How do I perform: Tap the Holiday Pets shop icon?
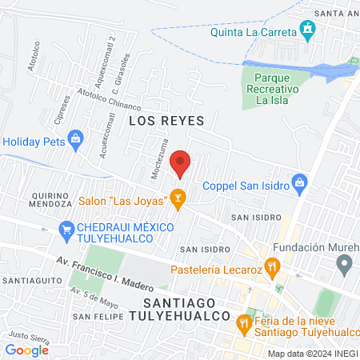click(x=76, y=138)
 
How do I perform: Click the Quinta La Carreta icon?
click(x=307, y=31)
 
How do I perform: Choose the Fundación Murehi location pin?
click(x=345, y=263)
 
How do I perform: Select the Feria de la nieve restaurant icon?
click(x=243, y=323)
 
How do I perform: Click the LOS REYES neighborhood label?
click(x=166, y=121)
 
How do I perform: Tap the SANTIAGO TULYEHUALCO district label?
click(x=190, y=311)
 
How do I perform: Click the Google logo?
click(x=26, y=350)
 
